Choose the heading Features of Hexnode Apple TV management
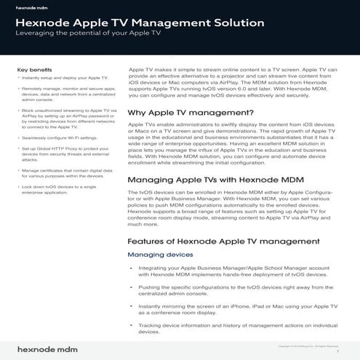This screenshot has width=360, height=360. pyautogui.click(x=223, y=240)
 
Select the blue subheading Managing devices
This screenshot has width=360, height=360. pyautogui.click(x=160, y=255)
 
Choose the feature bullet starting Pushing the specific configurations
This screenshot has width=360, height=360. pyautogui.click(x=241, y=289)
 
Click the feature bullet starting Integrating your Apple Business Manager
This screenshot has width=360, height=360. pyautogui.click(x=241, y=272)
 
